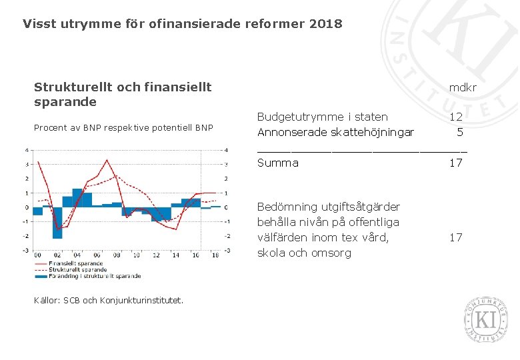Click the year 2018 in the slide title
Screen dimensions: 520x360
click(x=325, y=24)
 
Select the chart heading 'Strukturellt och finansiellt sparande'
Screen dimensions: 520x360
click(x=123, y=94)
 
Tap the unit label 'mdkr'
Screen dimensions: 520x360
click(x=463, y=87)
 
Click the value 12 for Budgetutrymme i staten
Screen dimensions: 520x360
click(x=456, y=117)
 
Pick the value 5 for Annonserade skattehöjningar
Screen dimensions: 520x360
click(x=459, y=132)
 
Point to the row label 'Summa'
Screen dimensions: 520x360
click(x=277, y=163)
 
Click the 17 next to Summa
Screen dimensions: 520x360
click(x=456, y=163)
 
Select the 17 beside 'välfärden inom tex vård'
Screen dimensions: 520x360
click(x=456, y=237)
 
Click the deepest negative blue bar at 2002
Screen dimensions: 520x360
click(x=57, y=223)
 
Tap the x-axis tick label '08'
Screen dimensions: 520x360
click(x=117, y=255)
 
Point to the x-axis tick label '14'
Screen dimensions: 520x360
click(x=176, y=255)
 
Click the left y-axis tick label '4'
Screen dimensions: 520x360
click(x=27, y=150)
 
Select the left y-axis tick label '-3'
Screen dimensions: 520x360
click(x=26, y=250)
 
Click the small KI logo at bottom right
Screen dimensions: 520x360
click(x=485, y=319)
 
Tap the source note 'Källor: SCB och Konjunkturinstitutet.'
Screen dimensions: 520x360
click(x=109, y=300)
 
